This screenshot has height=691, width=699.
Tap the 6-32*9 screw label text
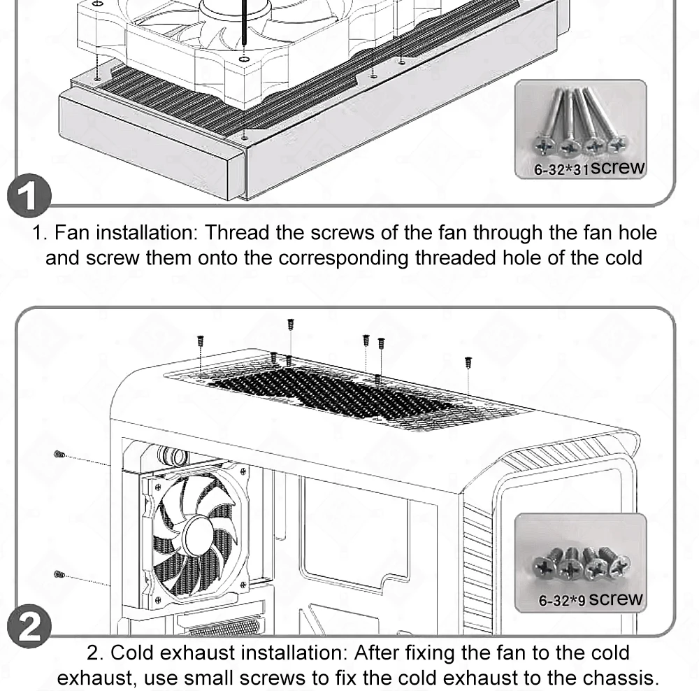pos(591,599)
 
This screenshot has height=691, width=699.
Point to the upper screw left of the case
pos(60,455)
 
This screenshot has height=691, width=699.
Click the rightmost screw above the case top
pos(468,362)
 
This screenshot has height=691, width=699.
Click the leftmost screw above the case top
pos(201,341)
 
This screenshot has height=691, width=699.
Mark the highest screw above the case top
pos(291,324)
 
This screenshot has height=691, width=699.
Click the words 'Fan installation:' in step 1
pos(126,231)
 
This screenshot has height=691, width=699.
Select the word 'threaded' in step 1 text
pos(458,257)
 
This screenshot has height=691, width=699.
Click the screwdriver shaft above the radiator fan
pos(244,21)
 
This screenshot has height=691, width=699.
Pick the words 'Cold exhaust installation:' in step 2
pos(229,653)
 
